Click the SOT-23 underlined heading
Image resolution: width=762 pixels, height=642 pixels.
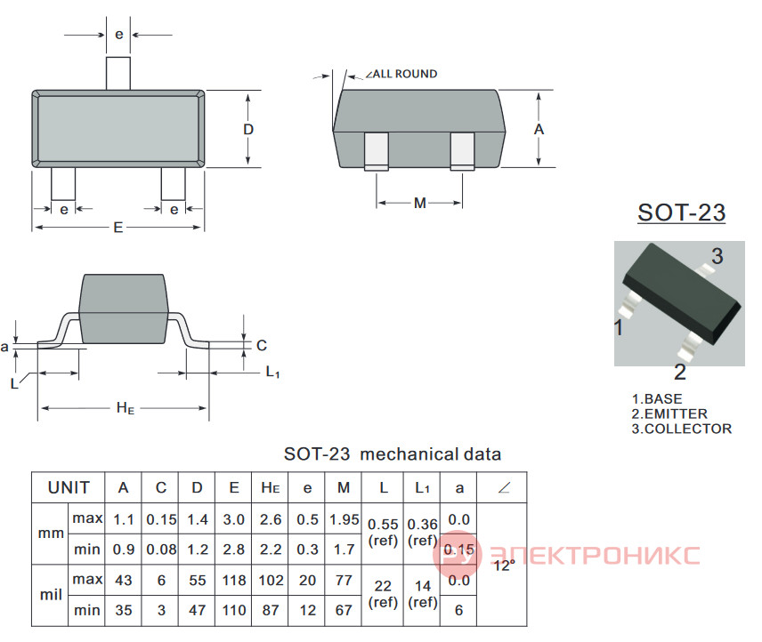point(681,213)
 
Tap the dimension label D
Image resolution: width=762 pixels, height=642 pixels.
point(248,130)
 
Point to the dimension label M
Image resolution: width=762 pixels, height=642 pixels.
point(420,203)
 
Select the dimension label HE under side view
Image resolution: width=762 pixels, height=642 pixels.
point(126,408)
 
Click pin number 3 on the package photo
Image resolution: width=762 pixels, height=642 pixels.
point(717,256)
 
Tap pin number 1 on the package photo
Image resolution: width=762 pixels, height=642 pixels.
point(618,327)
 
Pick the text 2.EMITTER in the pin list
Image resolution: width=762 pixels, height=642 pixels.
point(669,414)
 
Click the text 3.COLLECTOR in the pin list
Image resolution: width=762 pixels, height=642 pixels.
point(681,429)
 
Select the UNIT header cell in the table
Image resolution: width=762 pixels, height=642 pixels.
point(69,487)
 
